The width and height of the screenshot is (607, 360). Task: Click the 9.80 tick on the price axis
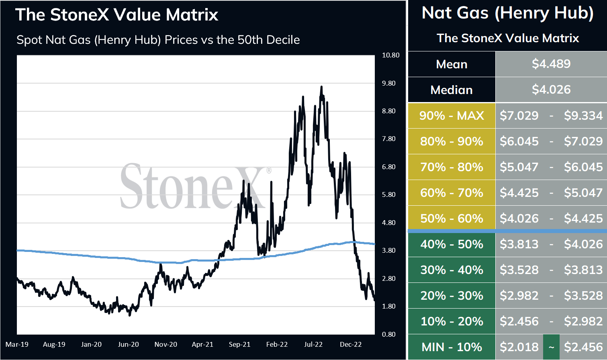(388, 83)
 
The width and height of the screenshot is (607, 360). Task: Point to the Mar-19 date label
(17, 344)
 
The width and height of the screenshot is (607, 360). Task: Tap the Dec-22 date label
(351, 344)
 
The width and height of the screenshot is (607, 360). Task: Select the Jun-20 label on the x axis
(128, 344)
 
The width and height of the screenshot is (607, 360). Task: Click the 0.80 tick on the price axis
(388, 334)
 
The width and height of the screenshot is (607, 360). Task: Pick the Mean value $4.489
(551, 64)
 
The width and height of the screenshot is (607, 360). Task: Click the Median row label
(452, 90)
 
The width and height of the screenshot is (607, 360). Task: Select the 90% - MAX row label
(452, 115)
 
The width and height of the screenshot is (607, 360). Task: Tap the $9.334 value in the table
(583, 115)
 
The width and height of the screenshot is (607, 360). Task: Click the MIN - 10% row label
(452, 347)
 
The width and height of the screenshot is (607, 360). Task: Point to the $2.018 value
(519, 347)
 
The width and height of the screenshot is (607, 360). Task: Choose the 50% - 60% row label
(452, 219)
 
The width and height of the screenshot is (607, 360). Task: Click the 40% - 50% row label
(452, 244)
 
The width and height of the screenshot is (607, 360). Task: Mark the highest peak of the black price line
(321, 87)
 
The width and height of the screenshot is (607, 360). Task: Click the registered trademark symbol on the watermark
(269, 170)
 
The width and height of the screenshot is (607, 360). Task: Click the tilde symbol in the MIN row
(551, 347)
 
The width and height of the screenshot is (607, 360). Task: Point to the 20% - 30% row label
(452, 295)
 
